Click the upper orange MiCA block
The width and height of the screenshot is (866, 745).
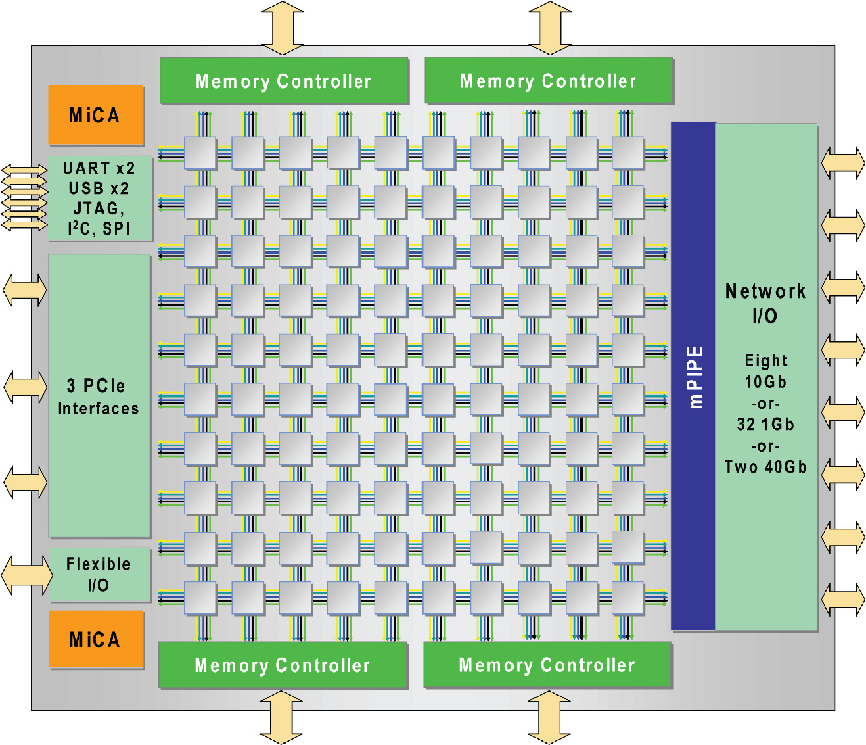click(x=96, y=115)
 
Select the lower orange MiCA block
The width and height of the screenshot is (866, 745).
click(x=96, y=639)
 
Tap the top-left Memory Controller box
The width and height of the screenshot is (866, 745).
click(x=283, y=80)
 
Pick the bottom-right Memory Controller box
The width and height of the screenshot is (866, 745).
click(x=547, y=665)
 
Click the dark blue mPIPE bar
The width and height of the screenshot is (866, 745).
click(x=693, y=377)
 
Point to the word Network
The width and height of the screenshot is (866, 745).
click(x=765, y=291)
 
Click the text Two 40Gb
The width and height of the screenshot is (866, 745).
click(x=765, y=466)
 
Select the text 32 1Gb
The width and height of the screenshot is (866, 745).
click(x=765, y=424)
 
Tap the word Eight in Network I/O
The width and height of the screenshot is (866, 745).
click(x=766, y=360)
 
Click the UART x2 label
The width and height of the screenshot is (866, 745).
click(x=99, y=168)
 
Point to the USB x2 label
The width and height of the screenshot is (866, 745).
click(x=99, y=189)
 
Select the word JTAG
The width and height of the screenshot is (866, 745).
click(x=96, y=208)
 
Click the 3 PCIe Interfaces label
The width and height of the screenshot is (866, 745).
click(x=98, y=397)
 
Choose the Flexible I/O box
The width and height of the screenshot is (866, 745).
click(x=99, y=575)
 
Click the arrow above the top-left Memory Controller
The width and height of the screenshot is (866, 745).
click(x=282, y=28)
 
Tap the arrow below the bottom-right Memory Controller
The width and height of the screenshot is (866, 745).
click(x=549, y=717)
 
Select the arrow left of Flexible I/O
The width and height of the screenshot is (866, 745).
click(x=27, y=575)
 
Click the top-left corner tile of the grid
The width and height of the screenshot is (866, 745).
click(x=200, y=153)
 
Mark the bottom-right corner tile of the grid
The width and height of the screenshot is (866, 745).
click(x=628, y=598)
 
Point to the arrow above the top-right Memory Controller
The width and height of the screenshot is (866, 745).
click(x=550, y=28)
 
